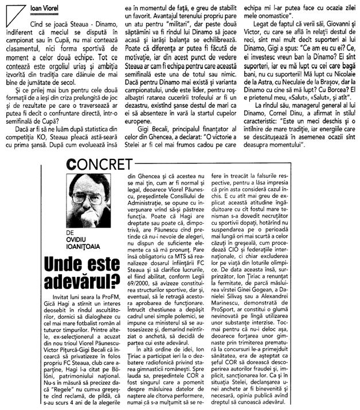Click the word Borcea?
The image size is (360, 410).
click(x=329, y=112)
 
